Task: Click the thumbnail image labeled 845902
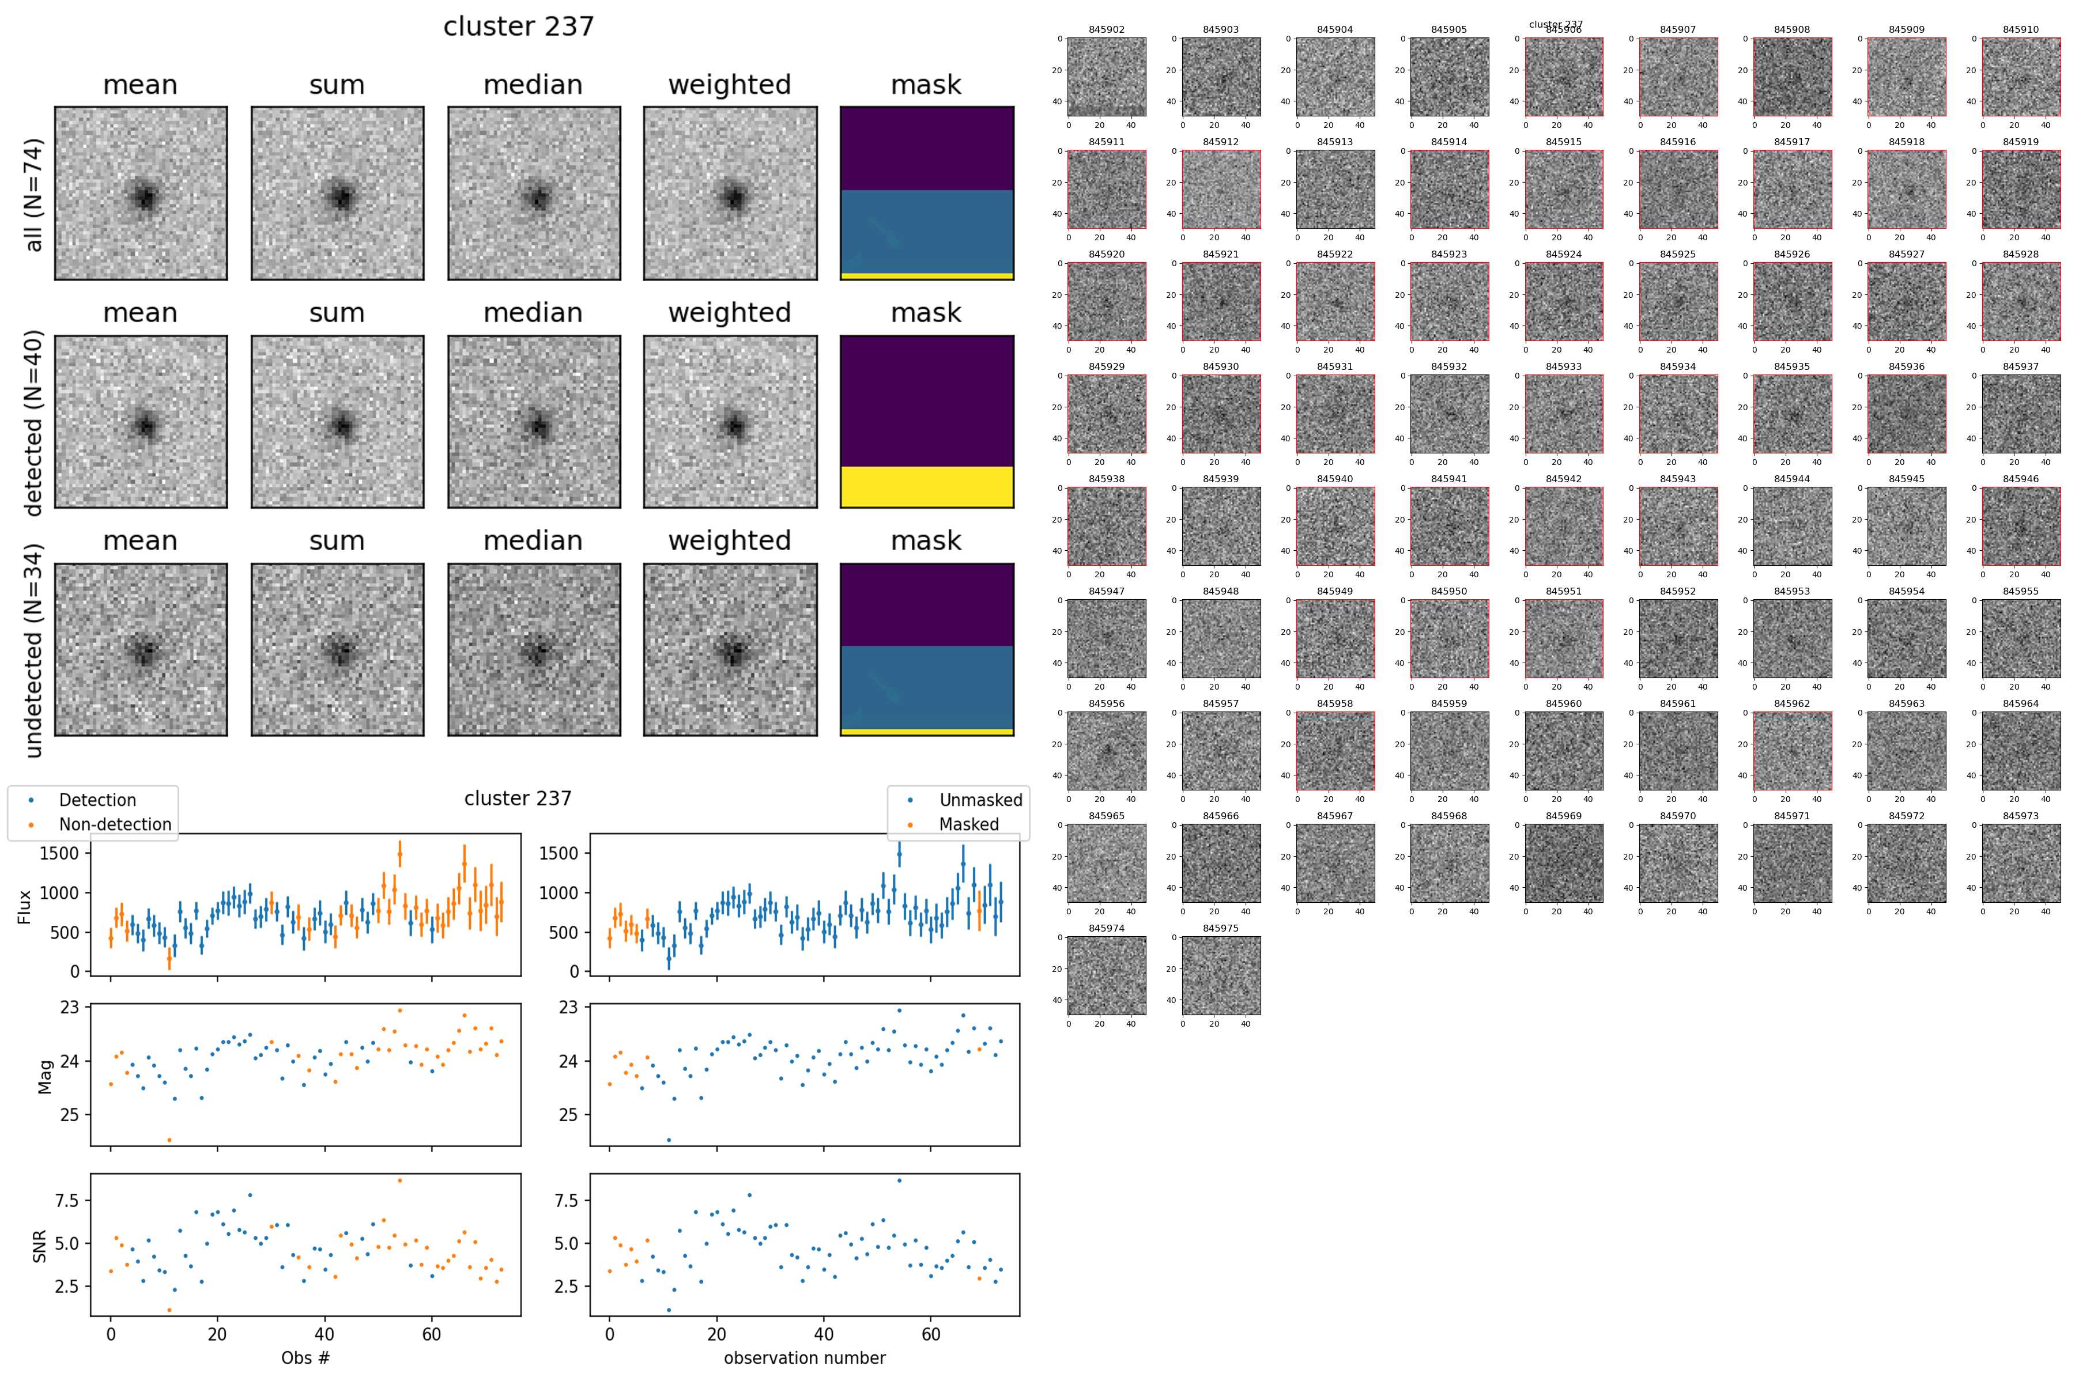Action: point(1107,77)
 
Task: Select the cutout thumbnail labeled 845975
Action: point(1220,975)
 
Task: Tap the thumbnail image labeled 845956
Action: point(1107,751)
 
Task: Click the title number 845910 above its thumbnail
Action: point(2020,29)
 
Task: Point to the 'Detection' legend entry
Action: point(97,800)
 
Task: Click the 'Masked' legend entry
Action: point(968,824)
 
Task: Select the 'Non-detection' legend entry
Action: point(115,824)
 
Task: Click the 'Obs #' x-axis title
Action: point(305,1357)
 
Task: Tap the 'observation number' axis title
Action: point(804,1357)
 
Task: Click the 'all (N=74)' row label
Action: point(33,194)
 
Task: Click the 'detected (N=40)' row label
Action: point(33,422)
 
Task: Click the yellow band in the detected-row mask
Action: point(926,487)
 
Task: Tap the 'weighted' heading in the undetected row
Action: point(729,540)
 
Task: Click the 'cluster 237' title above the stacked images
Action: point(519,27)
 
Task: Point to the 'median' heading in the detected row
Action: point(533,313)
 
